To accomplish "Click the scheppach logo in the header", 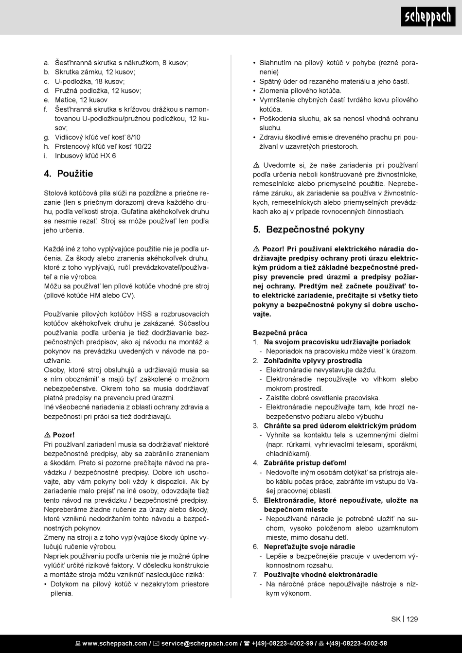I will tap(428, 18).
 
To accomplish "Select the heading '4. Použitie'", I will tap(69, 174).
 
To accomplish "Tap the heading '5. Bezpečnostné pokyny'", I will tap(309, 229).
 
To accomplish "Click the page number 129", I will tap(412, 619).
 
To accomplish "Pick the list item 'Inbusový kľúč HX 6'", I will tap(86, 156).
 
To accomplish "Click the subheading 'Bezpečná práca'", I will tap(280, 333).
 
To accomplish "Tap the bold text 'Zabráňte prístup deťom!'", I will tap(305, 463).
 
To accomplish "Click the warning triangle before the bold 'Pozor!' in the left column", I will tap(47, 435).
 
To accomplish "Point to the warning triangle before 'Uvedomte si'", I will tap(256, 165).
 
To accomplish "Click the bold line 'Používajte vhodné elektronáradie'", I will tap(320, 575).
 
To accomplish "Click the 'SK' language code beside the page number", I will tap(395, 619).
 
